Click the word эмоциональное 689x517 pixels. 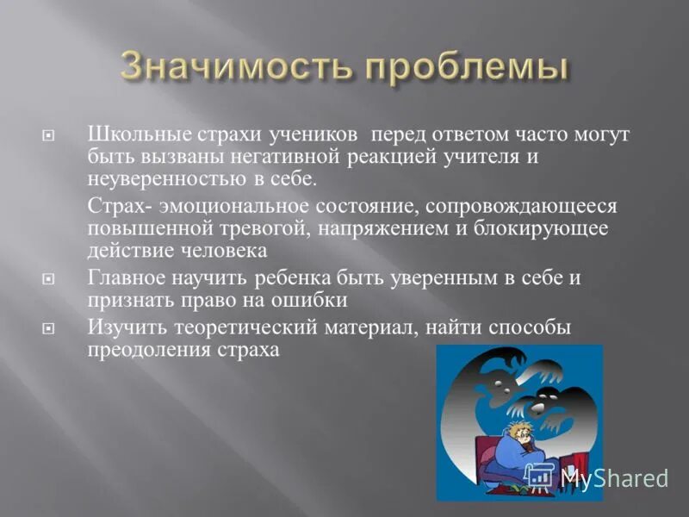click(215, 208)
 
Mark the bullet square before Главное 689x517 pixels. click(48, 279)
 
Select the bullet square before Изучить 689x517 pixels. click(48, 329)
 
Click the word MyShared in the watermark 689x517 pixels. click(614, 477)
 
